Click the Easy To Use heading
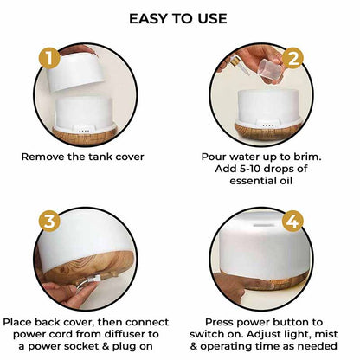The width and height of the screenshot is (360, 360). point(179,18)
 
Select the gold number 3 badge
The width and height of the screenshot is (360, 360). point(50,220)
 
